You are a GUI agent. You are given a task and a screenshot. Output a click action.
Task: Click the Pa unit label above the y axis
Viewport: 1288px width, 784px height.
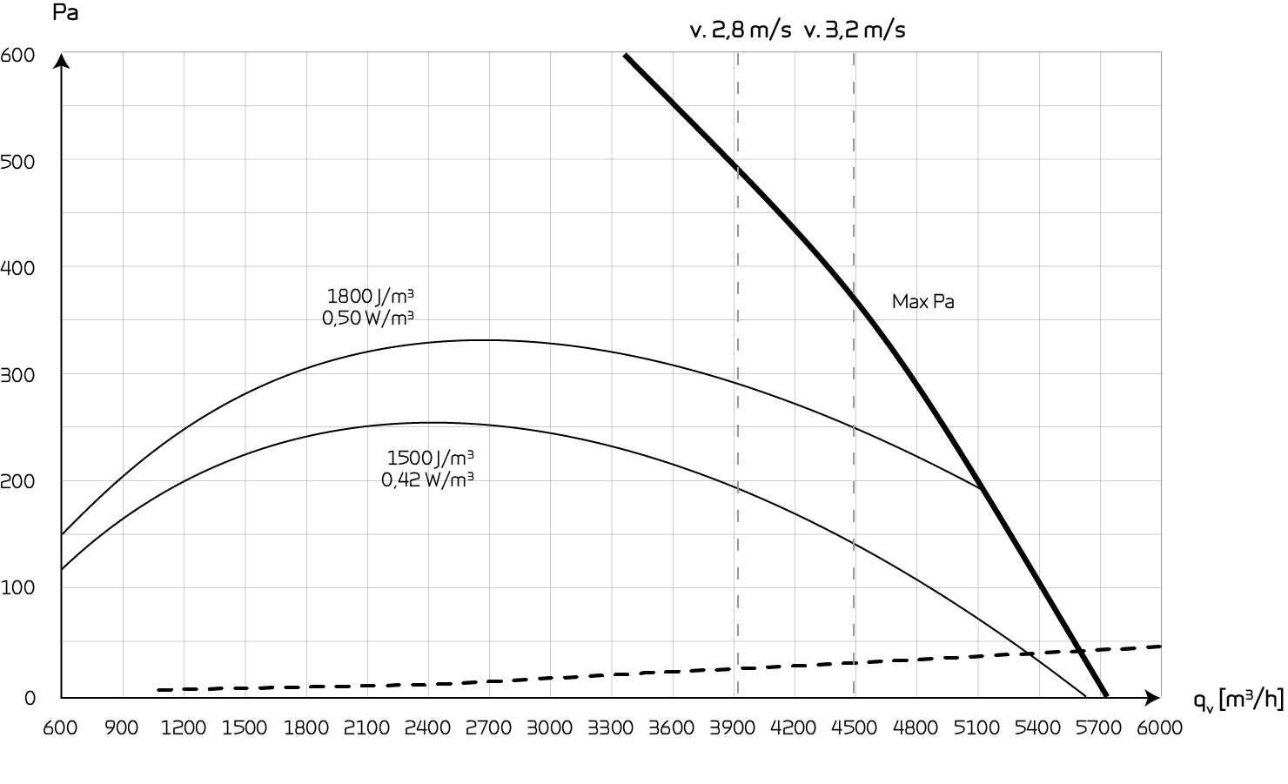[x=65, y=14]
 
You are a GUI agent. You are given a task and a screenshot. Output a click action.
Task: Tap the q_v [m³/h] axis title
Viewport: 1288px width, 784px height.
[x=1238, y=698]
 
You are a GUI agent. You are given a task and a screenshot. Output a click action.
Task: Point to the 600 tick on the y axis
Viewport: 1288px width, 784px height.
[x=18, y=56]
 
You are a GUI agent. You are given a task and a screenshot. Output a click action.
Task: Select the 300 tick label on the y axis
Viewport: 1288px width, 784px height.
[x=18, y=374]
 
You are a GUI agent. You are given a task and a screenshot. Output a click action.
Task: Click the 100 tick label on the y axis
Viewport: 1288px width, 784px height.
[x=18, y=588]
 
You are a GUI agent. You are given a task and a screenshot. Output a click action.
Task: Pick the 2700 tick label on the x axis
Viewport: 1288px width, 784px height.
[x=488, y=727]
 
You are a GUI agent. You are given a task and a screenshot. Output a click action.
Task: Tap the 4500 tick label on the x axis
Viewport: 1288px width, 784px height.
[x=855, y=727]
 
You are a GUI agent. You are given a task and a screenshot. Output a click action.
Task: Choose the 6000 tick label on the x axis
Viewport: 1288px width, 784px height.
[x=1160, y=727]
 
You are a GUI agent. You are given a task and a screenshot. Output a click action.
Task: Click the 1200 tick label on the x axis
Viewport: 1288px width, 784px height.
[x=184, y=727]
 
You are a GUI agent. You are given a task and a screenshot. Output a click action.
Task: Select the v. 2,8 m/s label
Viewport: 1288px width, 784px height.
[x=741, y=30]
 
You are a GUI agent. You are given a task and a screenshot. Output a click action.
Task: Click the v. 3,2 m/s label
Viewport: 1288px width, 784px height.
[x=855, y=30]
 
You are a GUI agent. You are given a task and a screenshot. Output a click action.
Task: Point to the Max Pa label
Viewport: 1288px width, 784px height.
[x=922, y=302]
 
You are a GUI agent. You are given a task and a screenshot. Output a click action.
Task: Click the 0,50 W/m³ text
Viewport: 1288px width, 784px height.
[x=367, y=318]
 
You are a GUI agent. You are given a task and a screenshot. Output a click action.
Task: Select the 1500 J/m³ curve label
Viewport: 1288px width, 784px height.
[x=431, y=457]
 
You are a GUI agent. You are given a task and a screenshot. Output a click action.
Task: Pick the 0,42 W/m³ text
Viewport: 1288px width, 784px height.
[x=427, y=479]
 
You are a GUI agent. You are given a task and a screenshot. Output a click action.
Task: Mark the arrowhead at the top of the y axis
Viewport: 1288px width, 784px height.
[x=61, y=61]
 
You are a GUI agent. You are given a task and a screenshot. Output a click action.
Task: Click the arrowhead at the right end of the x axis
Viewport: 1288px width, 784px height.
[x=1153, y=697]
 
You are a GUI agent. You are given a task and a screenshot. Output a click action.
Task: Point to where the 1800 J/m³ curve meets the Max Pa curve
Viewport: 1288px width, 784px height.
[x=982, y=488]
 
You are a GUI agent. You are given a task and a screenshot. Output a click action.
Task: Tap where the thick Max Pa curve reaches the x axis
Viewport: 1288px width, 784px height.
[x=1106, y=695]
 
